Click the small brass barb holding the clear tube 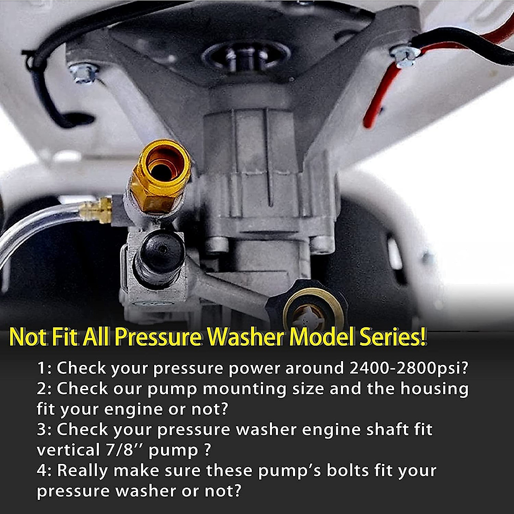pos(97,210)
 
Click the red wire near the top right pos(377,99)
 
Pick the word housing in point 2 pos(434,388)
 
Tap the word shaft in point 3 pos(384,429)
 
